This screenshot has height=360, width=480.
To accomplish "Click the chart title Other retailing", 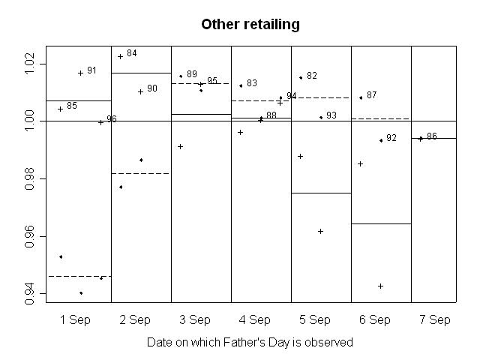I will click(x=250, y=25).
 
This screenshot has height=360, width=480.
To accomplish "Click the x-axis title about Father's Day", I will click(x=250, y=342).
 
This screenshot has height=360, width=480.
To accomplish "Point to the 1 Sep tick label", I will click(x=75, y=319).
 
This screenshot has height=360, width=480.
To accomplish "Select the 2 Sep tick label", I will click(x=135, y=319).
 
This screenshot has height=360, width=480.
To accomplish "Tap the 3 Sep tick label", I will click(x=195, y=319).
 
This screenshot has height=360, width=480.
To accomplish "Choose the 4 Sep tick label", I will click(x=255, y=319).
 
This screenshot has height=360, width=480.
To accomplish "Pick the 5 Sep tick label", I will click(x=315, y=319).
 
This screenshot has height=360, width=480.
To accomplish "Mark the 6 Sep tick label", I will click(x=375, y=319).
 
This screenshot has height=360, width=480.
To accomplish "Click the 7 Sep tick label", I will click(x=435, y=319).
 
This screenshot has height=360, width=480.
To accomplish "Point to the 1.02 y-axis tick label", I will click(x=30, y=64).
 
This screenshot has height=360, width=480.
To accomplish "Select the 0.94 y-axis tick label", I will click(x=30, y=294).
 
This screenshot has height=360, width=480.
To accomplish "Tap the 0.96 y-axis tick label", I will click(x=30, y=236).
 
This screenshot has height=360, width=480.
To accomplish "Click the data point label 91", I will click(x=91, y=70).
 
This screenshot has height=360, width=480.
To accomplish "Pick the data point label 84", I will click(x=132, y=53).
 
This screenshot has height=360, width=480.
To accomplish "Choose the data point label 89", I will click(x=192, y=74).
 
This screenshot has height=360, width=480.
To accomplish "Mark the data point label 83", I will click(x=252, y=83).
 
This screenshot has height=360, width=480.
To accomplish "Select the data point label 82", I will click(x=312, y=76).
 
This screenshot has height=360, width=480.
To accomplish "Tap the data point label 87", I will click(x=372, y=95).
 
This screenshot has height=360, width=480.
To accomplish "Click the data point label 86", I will click(x=432, y=136).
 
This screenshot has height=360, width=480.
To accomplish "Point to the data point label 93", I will click(x=331, y=115).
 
